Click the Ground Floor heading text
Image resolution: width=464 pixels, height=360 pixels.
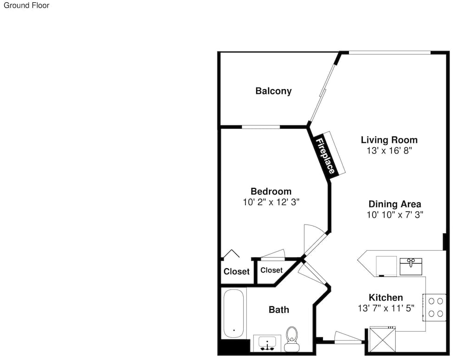pyautogui.click(x=26, y=5)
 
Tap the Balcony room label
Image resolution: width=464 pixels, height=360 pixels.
pyautogui.click(x=273, y=91)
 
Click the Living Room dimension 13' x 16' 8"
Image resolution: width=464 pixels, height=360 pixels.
pyautogui.click(x=389, y=151)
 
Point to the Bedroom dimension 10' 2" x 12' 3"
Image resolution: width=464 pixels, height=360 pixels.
pyautogui.click(x=271, y=202)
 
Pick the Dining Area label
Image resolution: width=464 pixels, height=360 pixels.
pyautogui.click(x=395, y=204)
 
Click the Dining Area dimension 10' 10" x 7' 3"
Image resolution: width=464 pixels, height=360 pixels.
pyautogui.click(x=395, y=215)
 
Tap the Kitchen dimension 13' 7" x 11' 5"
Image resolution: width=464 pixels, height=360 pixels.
pyautogui.click(x=386, y=308)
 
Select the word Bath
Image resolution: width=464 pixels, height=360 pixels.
pyautogui.click(x=279, y=310)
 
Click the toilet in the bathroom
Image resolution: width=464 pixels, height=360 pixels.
pyautogui.click(x=292, y=339)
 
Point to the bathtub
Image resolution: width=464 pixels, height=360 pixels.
pyautogui.click(x=234, y=314)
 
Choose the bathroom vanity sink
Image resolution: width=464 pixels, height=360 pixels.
pyautogui.click(x=267, y=343)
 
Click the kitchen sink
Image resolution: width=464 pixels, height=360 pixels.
pyautogui.click(x=411, y=266)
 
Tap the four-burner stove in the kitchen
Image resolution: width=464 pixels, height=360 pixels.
pyautogui.click(x=434, y=308)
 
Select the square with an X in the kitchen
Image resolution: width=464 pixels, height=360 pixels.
pyautogui.click(x=382, y=339)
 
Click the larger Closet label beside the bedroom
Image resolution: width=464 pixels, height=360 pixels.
pyautogui.click(x=237, y=271)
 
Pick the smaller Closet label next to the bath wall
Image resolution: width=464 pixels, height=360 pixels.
pyautogui.click(x=271, y=270)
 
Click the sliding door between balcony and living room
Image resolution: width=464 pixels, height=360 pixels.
pyautogui.click(x=322, y=92)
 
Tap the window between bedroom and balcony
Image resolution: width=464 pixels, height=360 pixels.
pyautogui.click(x=261, y=127)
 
